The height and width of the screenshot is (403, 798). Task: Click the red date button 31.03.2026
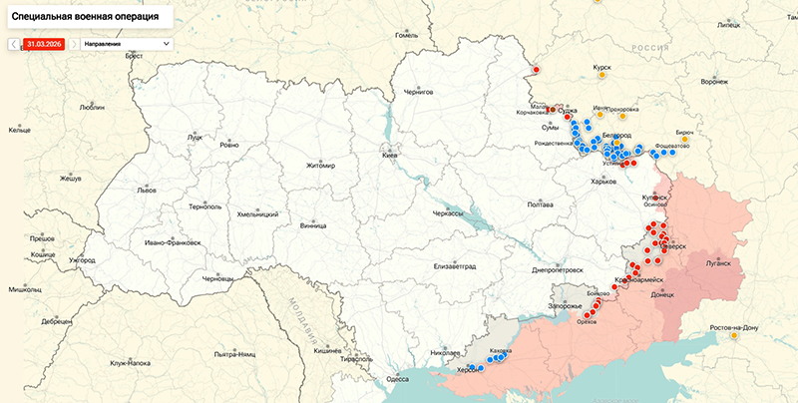click(x=45, y=44)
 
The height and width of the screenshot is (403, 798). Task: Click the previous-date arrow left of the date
click(x=14, y=44)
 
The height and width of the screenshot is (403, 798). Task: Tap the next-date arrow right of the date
click(x=74, y=44)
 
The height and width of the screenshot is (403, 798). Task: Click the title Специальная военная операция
click(x=84, y=17)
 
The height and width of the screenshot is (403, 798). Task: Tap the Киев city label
click(x=391, y=156)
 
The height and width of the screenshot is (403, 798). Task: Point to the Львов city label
click(x=147, y=190)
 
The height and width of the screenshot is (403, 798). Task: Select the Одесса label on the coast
click(x=398, y=378)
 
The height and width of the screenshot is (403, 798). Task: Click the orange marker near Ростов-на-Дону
click(x=735, y=336)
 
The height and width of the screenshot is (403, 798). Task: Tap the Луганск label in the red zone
click(x=718, y=263)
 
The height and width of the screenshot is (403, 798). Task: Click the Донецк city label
click(x=662, y=294)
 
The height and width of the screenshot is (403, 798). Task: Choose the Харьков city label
click(x=604, y=181)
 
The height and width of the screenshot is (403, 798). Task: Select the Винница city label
click(x=313, y=225)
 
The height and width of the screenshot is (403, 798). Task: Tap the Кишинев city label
click(x=328, y=351)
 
